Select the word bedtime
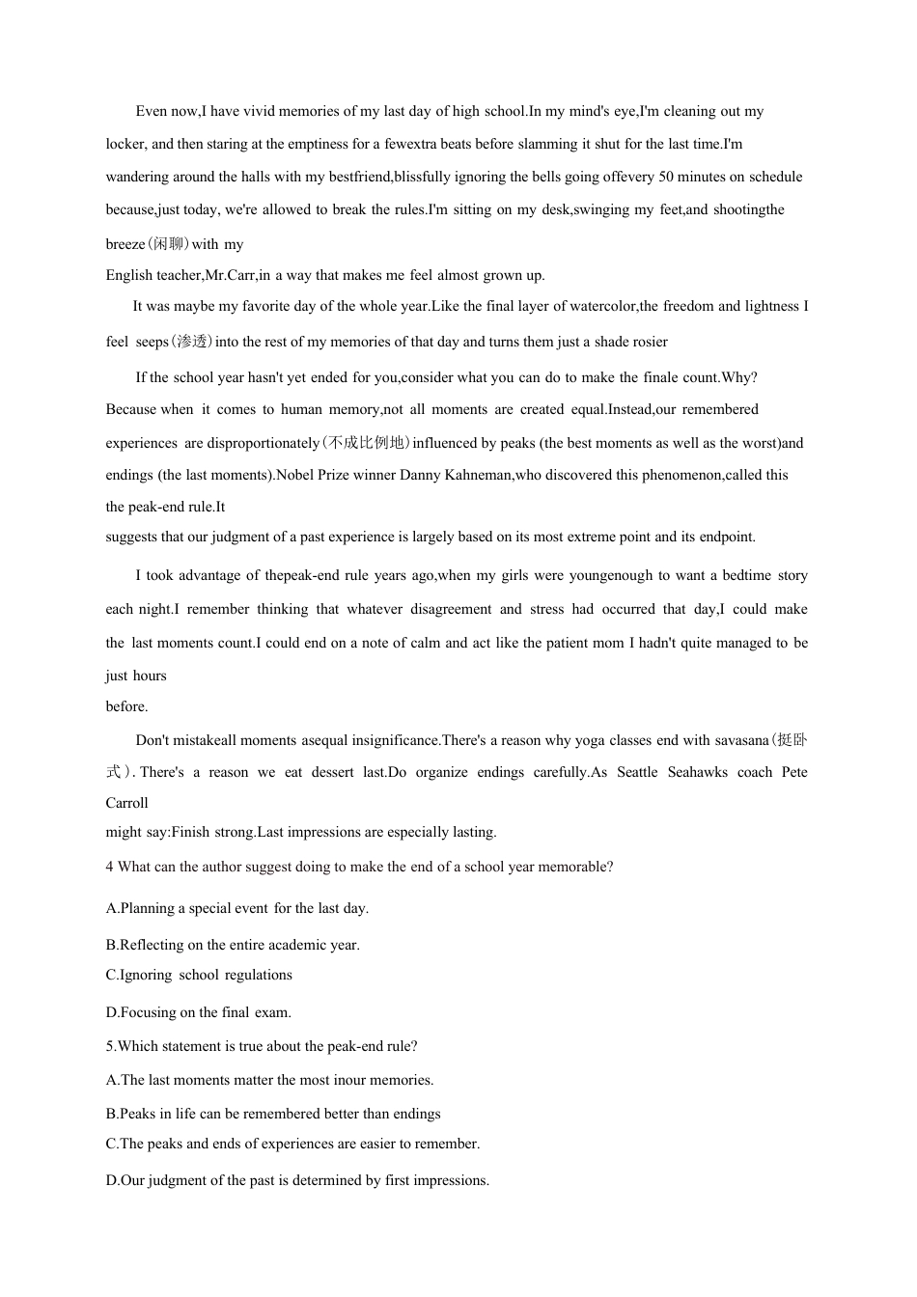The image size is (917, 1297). tap(741, 575)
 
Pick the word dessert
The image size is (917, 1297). tap(335, 772)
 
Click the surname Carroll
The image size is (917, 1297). tap(126, 803)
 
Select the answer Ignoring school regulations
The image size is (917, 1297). tap(199, 975)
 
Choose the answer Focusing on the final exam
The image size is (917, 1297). tap(199, 1012)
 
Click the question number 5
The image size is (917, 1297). tap(110, 1046)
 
